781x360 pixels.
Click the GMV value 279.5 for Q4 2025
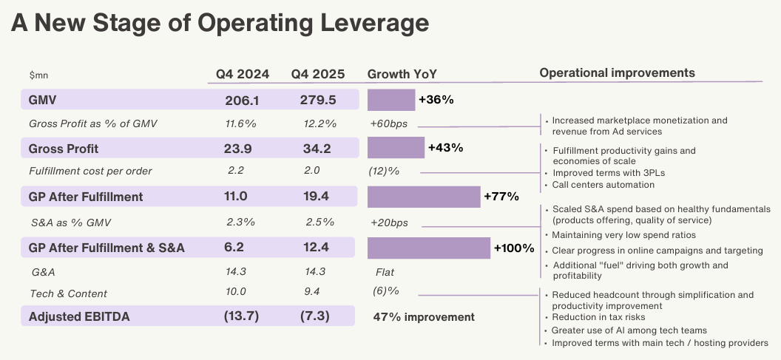[x=318, y=100]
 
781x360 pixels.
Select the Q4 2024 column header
[x=243, y=74]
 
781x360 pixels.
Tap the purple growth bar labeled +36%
[x=391, y=100]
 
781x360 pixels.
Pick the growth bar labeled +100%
[x=429, y=248]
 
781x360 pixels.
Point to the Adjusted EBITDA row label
[x=79, y=316]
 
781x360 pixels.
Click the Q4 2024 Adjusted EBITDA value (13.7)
[x=241, y=316]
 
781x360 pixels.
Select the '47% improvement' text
[x=424, y=317]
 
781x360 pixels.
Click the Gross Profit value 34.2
[x=316, y=149]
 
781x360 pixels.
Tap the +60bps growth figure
[x=388, y=124]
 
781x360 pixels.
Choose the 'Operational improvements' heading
[x=617, y=73]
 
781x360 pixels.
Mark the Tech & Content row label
[x=68, y=293]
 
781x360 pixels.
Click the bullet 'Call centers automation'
[x=603, y=185]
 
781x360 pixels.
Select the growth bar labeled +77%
[x=424, y=197]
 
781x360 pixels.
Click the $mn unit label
[x=39, y=75]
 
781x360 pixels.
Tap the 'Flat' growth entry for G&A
[x=385, y=272]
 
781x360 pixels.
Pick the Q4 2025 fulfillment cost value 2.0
[x=312, y=170]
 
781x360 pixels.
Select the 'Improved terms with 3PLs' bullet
[x=608, y=173]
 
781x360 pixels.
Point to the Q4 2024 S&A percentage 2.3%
[x=240, y=222]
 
